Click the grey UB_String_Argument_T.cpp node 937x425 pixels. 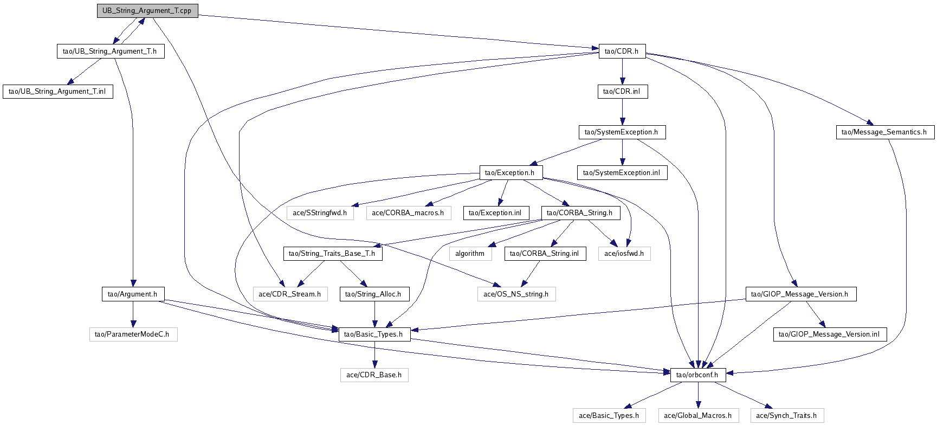[x=147, y=11]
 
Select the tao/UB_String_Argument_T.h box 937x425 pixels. [x=110, y=51]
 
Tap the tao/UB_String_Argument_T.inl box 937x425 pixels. [x=57, y=92]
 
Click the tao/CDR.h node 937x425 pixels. [x=622, y=51]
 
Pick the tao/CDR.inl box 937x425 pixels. [x=622, y=92]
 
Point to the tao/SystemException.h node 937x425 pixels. [x=622, y=132]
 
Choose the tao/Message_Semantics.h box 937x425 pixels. [x=884, y=132]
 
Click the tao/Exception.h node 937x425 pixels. [x=510, y=173]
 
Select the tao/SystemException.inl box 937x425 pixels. [x=622, y=173]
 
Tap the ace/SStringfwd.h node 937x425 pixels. [x=320, y=213]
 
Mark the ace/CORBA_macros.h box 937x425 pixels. [x=408, y=213]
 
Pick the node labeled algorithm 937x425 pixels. [x=470, y=254]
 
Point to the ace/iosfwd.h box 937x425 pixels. [x=624, y=254]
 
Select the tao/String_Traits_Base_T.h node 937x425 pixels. [x=332, y=254]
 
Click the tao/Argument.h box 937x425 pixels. [x=133, y=294]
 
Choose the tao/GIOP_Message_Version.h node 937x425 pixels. [x=800, y=294]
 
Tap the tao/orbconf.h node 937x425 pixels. [x=697, y=375]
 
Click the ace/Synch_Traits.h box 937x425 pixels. [x=786, y=416]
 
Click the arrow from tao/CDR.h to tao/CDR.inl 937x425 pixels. [x=622, y=71]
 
